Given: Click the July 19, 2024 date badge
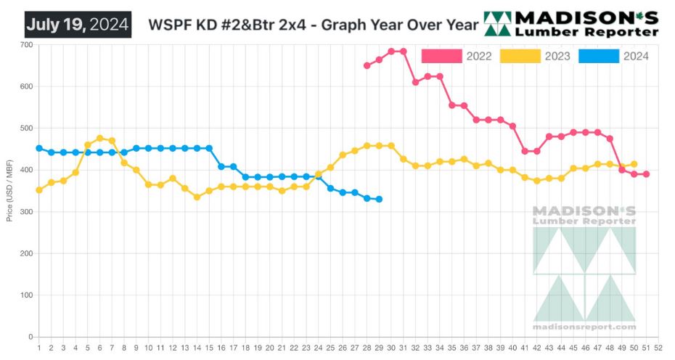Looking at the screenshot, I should pyautogui.click(x=78, y=25).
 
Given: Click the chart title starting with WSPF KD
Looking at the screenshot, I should pyautogui.click(x=313, y=25).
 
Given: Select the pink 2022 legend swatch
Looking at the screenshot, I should pyautogui.click(x=441, y=57).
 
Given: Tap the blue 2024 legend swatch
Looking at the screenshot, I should pyautogui.click(x=599, y=57).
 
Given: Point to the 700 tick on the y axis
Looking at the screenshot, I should pyautogui.click(x=26, y=45).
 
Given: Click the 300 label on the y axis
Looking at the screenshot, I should pyautogui.click(x=26, y=212).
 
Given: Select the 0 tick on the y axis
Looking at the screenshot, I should pyautogui.click(x=30, y=337).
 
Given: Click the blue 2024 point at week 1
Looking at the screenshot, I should pyautogui.click(x=38, y=148).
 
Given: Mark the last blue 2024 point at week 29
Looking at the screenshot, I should pyautogui.click(x=379, y=199).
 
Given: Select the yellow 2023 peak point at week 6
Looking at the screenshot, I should pyautogui.click(x=99, y=138).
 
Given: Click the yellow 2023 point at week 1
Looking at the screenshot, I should pyautogui.click(x=38, y=190).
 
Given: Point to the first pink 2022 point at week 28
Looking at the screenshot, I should pyautogui.click(x=367, y=65).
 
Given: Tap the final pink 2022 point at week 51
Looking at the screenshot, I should pyautogui.click(x=646, y=174).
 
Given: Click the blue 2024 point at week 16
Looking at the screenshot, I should pyautogui.click(x=221, y=166).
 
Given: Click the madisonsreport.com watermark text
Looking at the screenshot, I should pyautogui.click(x=584, y=327).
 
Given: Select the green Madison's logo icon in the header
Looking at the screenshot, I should pyautogui.click(x=497, y=25).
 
